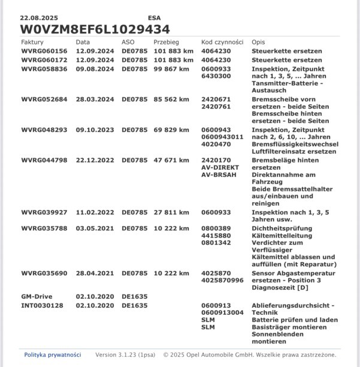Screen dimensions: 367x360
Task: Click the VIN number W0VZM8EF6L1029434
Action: pyautogui.click(x=95, y=29)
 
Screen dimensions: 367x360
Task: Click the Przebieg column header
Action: pyautogui.click(x=166, y=43)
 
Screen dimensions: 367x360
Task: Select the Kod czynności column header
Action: pyautogui.click(x=222, y=43)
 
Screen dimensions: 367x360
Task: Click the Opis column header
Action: pyautogui.click(x=258, y=43)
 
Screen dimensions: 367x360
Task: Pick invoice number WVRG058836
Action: pyautogui.click(x=44, y=69)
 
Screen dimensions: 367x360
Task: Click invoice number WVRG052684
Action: pyautogui.click(x=44, y=99)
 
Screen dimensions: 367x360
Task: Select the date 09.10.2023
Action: pyautogui.click(x=95, y=130)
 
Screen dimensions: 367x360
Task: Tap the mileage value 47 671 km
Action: pyautogui.click(x=171, y=160)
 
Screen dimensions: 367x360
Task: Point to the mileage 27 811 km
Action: pyautogui.click(x=171, y=212)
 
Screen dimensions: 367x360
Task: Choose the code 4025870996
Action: pyautogui.click(x=222, y=280)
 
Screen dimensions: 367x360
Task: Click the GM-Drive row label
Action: pyautogui.click(x=38, y=297)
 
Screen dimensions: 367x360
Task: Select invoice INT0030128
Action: pyautogui.click(x=43, y=305)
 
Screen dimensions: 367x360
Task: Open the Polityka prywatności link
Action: pyautogui.click(x=53, y=354)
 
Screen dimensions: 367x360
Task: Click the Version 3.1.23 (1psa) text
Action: pyautogui.click(x=126, y=354)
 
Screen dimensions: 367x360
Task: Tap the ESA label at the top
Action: pyautogui.click(x=154, y=19)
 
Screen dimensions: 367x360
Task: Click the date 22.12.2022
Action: pyautogui.click(x=95, y=160)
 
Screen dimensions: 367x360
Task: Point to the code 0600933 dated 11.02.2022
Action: pyautogui.click(x=216, y=212)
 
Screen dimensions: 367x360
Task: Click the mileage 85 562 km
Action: pyautogui.click(x=171, y=99)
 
